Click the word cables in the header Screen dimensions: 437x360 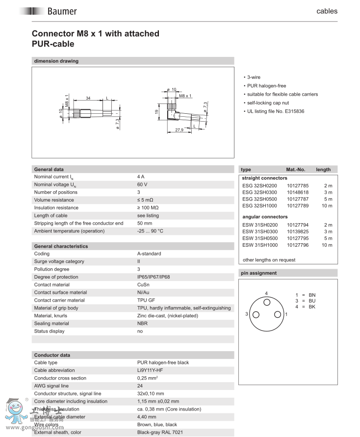pos(327,11)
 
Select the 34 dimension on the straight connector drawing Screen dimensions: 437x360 pos(88,99)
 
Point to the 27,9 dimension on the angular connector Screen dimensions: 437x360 pos(179,130)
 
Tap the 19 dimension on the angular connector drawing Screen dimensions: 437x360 pos(156,112)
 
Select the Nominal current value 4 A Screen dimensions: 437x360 pos(141,177)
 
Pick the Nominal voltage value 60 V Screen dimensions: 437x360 pos(142,184)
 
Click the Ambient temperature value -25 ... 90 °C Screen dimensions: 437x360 pos(150,231)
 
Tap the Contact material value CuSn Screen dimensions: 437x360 pos(143,284)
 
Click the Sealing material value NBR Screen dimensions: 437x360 pos(142,324)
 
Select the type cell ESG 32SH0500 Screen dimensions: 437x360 pos(259,199)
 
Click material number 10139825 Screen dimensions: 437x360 pos(298,231)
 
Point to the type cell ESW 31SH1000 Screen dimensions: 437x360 pos(259,245)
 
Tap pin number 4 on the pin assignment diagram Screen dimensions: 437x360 pos(266,293)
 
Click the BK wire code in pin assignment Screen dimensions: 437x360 pos(312,307)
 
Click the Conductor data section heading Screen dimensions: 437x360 pos(52,355)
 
